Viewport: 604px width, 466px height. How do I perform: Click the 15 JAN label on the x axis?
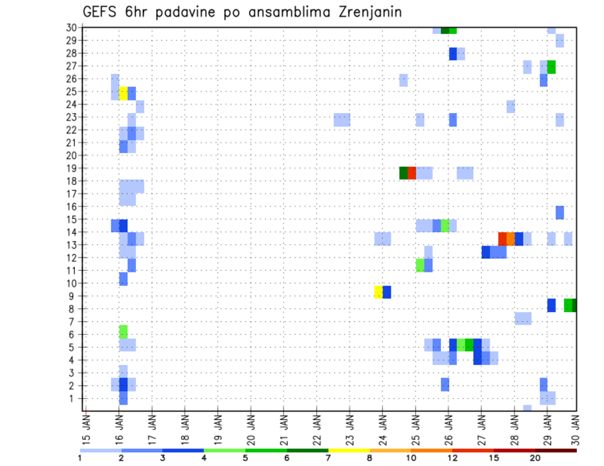click(87, 426)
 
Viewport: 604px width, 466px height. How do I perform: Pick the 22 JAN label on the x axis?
click(316, 426)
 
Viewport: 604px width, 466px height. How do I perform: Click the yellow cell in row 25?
click(123, 94)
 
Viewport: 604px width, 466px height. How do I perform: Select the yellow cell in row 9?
click(378, 292)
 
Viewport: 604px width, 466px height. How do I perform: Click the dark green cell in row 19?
click(403, 173)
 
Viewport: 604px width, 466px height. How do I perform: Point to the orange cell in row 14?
click(511, 239)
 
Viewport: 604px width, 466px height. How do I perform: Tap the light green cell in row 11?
click(420, 265)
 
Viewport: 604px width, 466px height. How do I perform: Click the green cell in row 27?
click(551, 67)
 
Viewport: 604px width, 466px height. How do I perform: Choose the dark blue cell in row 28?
click(453, 54)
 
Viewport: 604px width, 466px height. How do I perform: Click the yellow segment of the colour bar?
click(349, 450)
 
